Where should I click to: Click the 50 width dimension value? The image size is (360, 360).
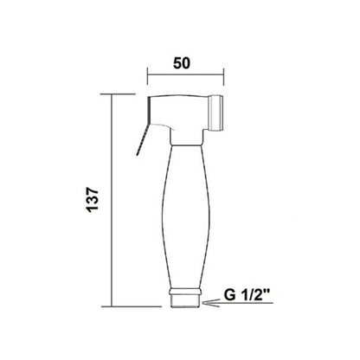pyautogui.click(x=182, y=63)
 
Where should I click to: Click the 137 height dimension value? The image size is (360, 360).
pyautogui.click(x=93, y=200)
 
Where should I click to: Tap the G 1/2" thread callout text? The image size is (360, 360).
pyautogui.click(x=247, y=295)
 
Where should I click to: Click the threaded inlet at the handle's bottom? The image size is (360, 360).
pyautogui.click(x=185, y=301)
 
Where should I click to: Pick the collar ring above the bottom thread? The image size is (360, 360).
pyautogui.click(x=185, y=291)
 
